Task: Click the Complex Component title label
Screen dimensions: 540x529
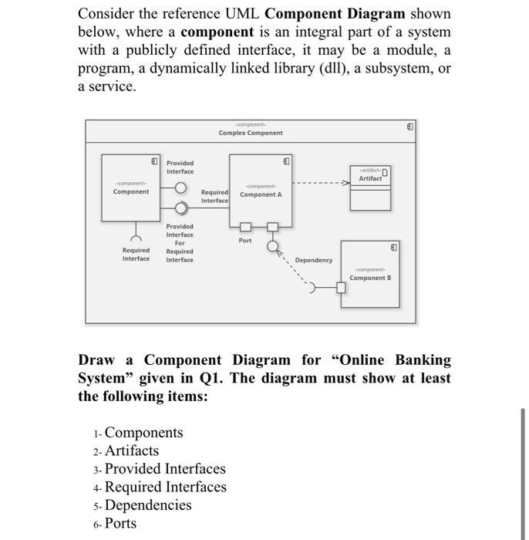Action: pos(250,133)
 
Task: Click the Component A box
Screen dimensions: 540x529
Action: pos(261,190)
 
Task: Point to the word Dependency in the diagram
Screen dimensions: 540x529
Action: pos(314,260)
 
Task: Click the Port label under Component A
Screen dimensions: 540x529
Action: pos(245,241)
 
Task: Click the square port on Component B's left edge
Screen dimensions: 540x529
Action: pos(340,289)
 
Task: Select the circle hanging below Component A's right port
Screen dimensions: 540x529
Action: pos(271,246)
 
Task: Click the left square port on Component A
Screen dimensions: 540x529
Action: pos(244,227)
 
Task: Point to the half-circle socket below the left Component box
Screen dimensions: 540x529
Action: pos(135,232)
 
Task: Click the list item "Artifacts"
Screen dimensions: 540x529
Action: pos(132,451)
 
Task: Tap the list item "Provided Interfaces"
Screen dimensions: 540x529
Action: pos(165,469)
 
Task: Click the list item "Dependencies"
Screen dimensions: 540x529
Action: pos(148,505)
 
